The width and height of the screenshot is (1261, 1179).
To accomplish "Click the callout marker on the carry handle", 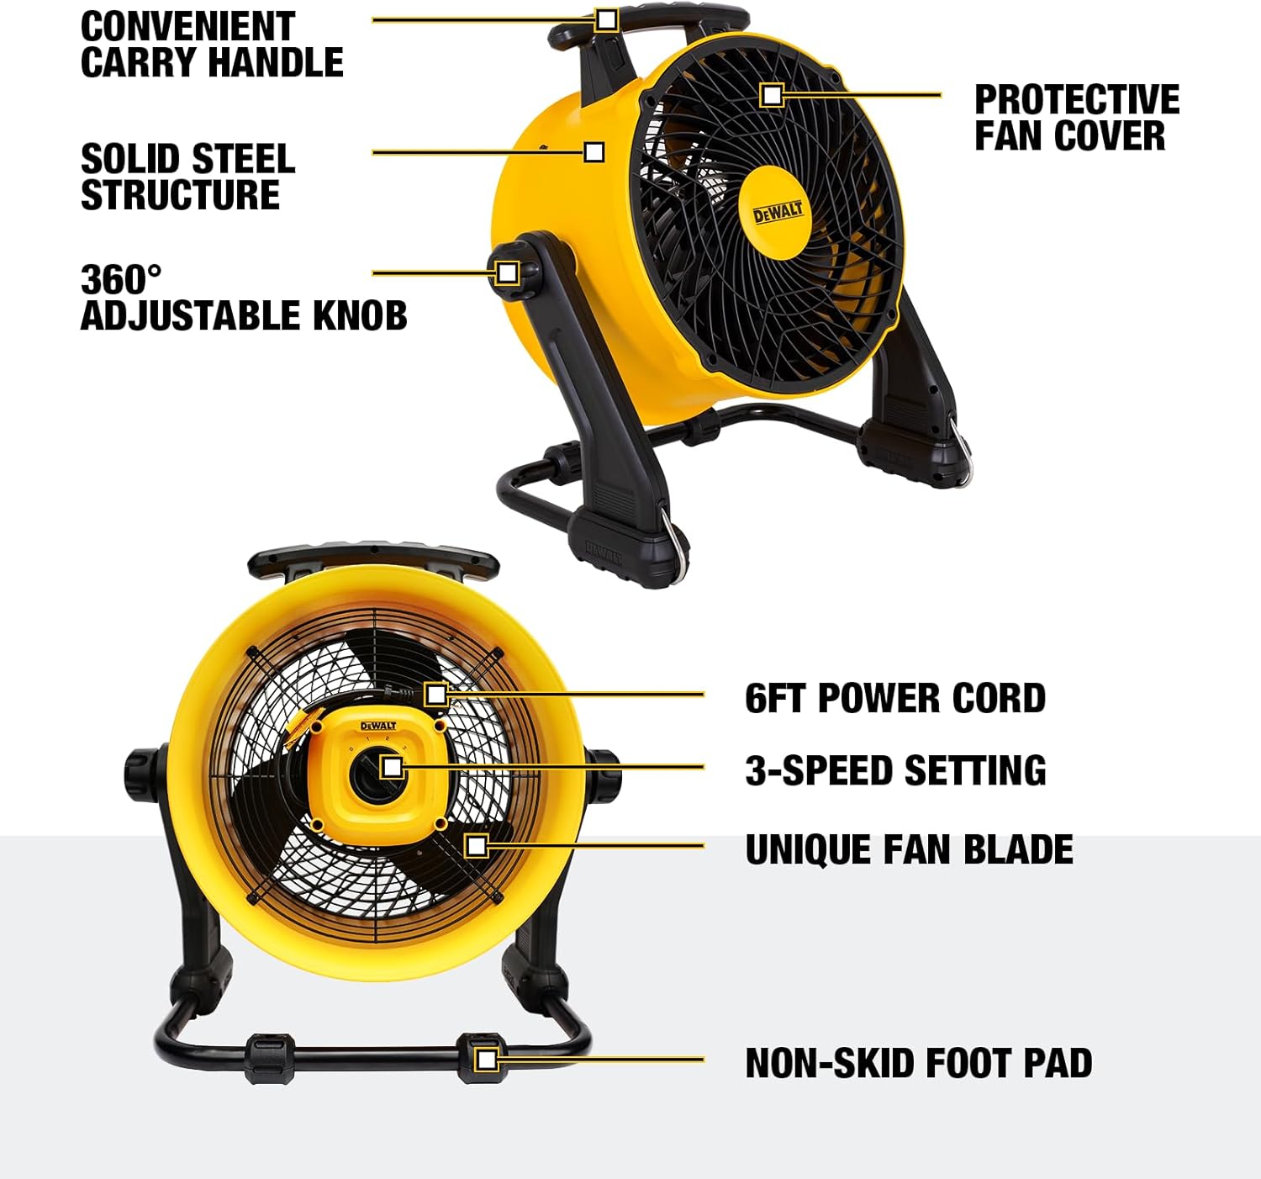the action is point(606,20).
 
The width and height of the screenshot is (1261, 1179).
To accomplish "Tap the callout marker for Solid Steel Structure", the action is point(594,152).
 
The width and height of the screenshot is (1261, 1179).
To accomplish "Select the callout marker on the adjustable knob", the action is point(507,273).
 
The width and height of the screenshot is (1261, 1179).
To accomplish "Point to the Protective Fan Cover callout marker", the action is point(772,96).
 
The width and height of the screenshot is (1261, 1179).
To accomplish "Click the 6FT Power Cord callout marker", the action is point(435,695).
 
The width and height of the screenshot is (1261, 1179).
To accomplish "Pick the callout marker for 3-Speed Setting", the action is point(393,767).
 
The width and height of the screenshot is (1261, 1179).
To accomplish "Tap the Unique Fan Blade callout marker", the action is point(476,845).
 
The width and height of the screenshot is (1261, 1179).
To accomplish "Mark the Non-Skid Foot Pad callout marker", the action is point(487,1059).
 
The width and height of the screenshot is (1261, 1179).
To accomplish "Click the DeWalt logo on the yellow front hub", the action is point(778,212).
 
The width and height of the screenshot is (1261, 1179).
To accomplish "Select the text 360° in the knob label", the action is point(121,279).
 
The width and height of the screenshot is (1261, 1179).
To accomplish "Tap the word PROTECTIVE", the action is point(1077,100).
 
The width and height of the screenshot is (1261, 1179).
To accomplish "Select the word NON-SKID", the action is point(829,1064).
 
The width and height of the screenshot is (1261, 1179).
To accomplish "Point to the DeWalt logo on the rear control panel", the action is point(378,726).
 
